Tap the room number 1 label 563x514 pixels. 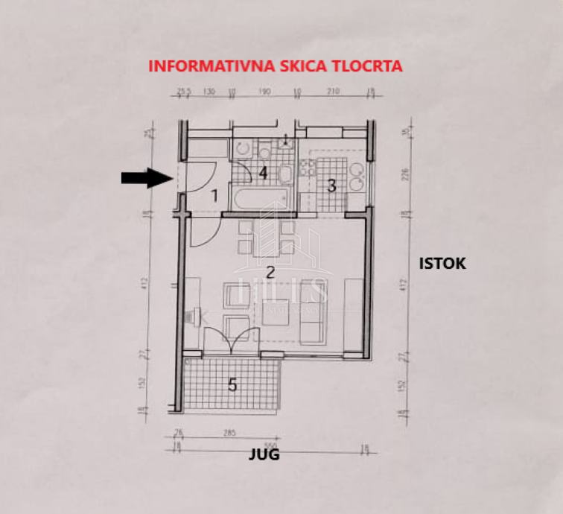pyautogui.click(x=214, y=196)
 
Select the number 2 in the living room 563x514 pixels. pyautogui.click(x=271, y=271)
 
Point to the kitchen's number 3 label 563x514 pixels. pyautogui.click(x=332, y=185)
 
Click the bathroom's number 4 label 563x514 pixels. pyautogui.click(x=262, y=173)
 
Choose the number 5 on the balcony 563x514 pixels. pyautogui.click(x=232, y=384)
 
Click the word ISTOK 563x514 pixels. pyautogui.click(x=442, y=263)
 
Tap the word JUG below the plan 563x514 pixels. pyautogui.click(x=264, y=454)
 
